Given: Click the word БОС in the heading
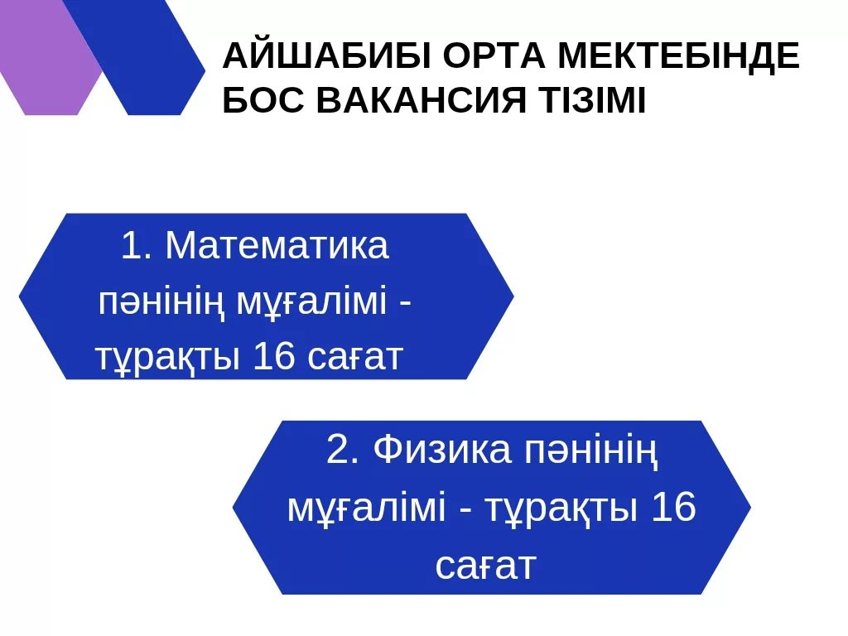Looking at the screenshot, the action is coord(263,100).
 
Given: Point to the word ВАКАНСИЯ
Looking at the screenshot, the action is coord(421,100).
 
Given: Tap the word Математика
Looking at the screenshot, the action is coord(277,245).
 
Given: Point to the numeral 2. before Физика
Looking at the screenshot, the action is coord(343,450).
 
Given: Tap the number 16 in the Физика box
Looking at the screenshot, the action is coord(674,508).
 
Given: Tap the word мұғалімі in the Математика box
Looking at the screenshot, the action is coord(312,302).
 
